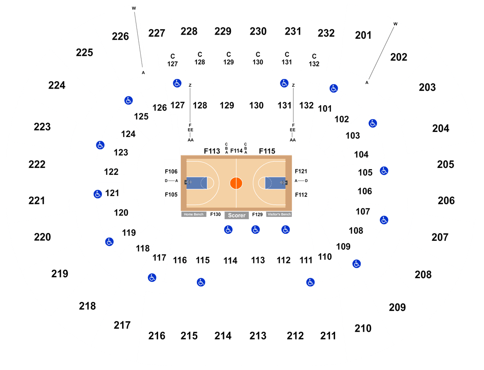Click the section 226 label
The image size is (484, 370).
coord(120,36)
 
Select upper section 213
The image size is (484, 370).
coord(258,336)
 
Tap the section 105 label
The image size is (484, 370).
coord(365,173)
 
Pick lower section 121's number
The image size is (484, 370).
coord(112,193)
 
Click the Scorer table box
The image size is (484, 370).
coord(237,215)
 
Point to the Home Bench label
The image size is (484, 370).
coord(194,215)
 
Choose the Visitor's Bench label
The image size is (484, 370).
coord(279,215)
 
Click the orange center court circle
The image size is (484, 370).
coord(236,183)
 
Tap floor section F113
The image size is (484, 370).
coord(212,151)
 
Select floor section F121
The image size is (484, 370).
coord(301,171)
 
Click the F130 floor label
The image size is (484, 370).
coord(215,215)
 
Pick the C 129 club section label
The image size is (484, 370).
coord(229,59)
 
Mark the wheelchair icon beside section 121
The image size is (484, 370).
coord(98,194)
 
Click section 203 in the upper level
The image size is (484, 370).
coord(427,87)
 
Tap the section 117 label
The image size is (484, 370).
coord(159,257)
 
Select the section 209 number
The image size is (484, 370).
coord(397,307)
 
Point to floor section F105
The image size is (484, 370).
coord(171,195)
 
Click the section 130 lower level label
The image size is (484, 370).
coord(256,106)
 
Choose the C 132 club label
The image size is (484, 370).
coord(314,60)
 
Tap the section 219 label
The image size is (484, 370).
coord(59,274)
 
